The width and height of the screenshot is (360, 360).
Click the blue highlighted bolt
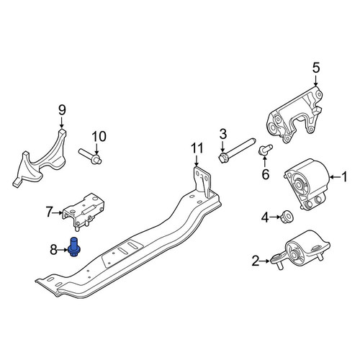73,247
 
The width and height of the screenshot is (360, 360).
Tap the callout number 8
53,250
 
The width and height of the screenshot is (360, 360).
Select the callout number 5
316,68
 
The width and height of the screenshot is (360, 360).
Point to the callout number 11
197,148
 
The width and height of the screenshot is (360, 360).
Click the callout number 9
62,110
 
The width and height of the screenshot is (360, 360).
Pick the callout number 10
99,137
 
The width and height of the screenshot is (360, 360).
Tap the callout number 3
223,135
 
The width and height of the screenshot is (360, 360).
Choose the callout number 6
265,174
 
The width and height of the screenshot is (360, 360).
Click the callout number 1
344,177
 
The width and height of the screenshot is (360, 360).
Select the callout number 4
265,217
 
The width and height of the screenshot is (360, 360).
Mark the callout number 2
256,261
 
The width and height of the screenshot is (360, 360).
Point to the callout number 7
50,212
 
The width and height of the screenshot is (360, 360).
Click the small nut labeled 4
287,217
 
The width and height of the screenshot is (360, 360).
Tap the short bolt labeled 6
265,149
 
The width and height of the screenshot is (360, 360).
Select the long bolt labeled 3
237,150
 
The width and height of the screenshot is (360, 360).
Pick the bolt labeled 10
90,156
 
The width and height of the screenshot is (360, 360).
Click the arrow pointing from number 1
335,177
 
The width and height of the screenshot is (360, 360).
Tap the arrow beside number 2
265,261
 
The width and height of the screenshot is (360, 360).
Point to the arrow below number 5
316,80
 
